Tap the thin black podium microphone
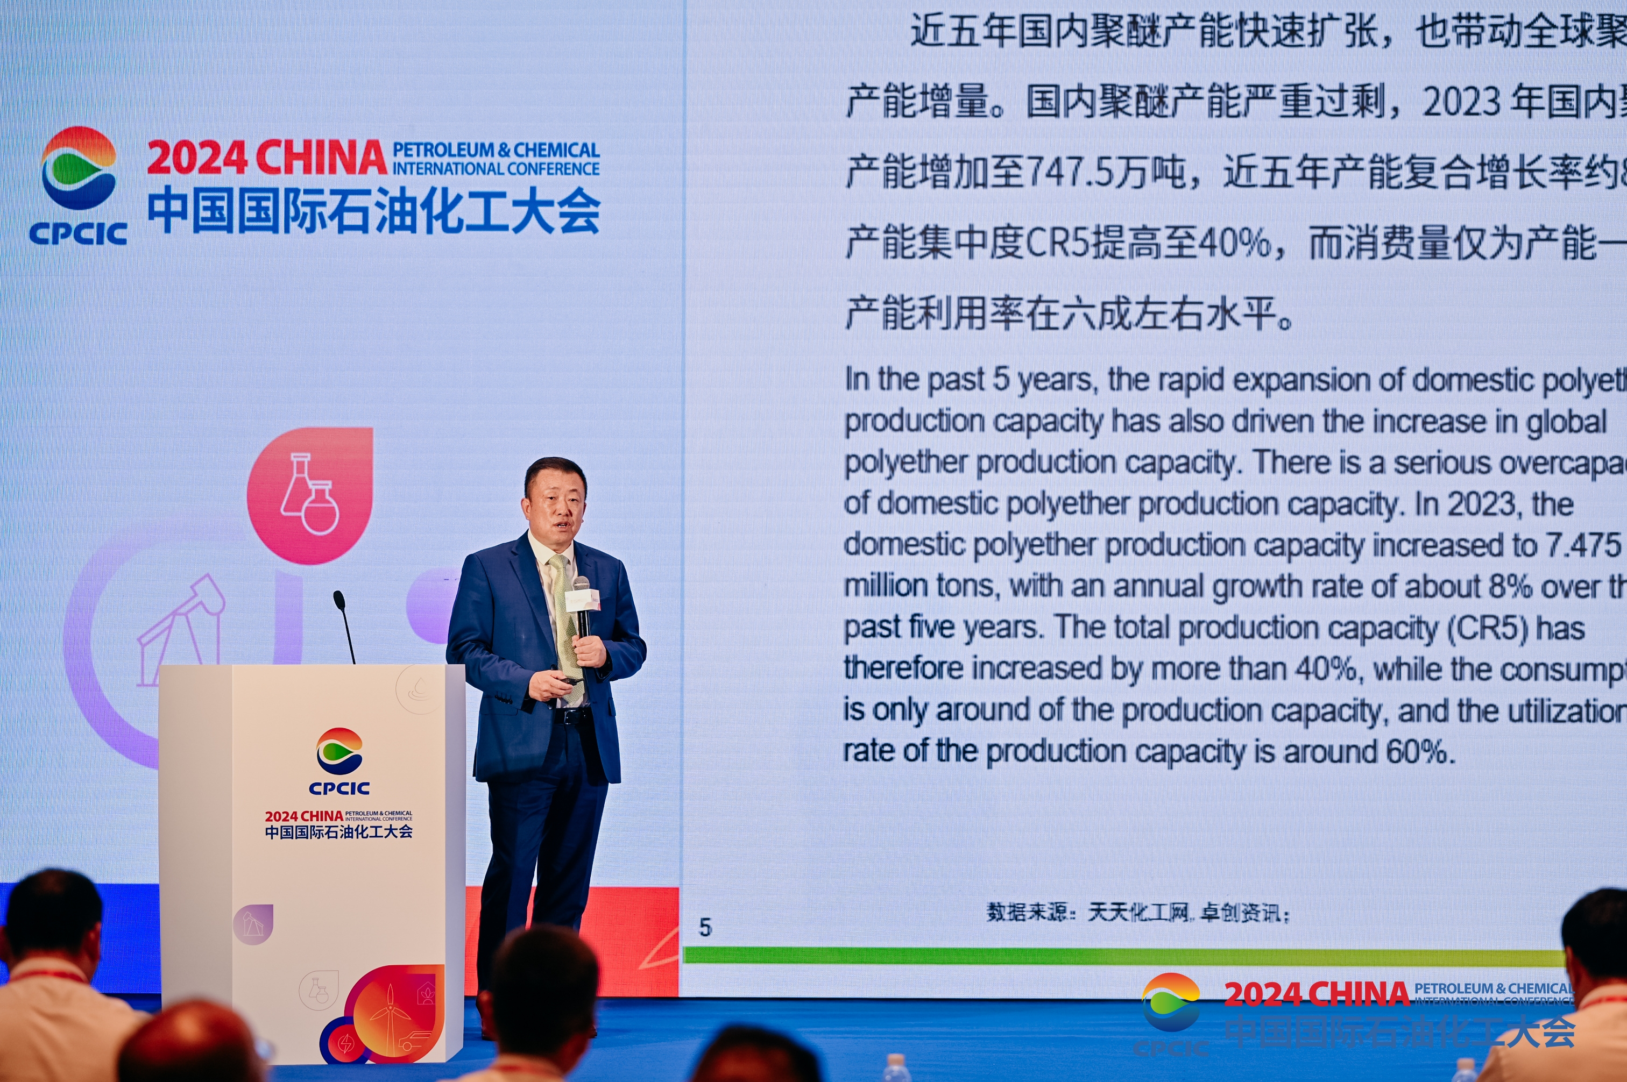point(343,624)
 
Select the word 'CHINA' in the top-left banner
point(321,158)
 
